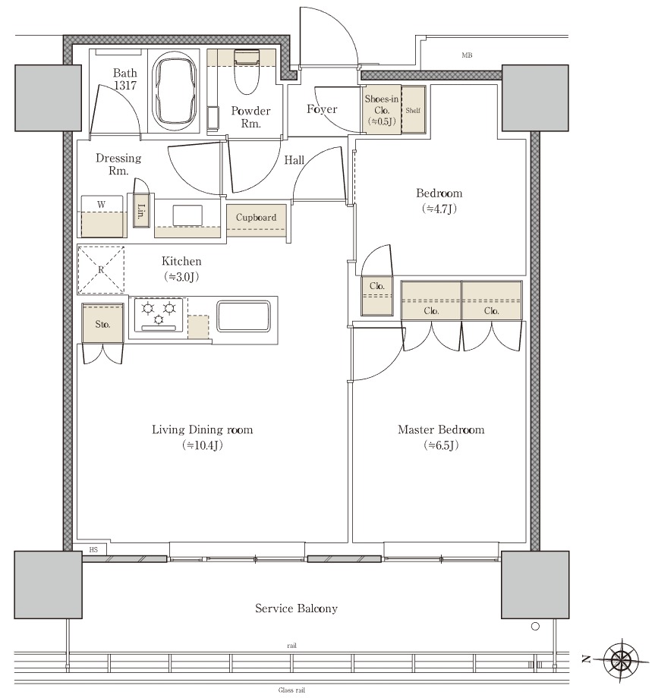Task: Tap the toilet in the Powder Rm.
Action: coord(246,71)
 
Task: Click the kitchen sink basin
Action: coord(244,316)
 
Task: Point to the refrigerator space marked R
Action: coord(101,270)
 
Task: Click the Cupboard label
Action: coord(256,217)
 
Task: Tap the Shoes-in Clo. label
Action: coord(382,110)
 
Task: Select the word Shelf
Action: coord(413,111)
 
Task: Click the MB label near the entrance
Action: coord(467,55)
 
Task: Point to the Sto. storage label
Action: coord(102,324)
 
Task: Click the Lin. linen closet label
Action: coord(140,212)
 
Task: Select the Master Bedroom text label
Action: coord(441,429)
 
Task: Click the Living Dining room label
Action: coord(202,429)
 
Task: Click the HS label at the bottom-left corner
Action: coord(93,550)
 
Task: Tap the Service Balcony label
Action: coord(296,608)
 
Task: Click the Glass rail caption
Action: coord(291,690)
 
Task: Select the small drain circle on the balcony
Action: coord(536,627)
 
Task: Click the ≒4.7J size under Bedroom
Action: coord(439,209)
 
